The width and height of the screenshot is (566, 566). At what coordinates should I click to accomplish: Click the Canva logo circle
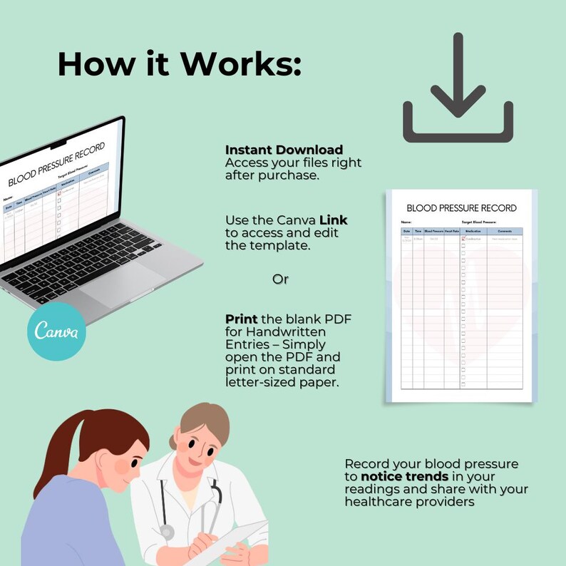57,331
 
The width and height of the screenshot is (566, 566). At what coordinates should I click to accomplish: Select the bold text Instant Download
284,150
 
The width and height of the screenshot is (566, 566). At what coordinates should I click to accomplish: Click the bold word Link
333,220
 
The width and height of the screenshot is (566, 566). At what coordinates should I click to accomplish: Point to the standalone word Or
280,279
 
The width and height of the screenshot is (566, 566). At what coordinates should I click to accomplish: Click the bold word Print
241,319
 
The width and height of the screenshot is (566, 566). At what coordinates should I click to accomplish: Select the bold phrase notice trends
405,476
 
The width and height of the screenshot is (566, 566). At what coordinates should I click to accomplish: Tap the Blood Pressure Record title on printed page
461,208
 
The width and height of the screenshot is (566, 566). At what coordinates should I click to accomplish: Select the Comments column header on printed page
505,232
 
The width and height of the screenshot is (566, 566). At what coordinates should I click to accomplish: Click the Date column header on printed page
406,232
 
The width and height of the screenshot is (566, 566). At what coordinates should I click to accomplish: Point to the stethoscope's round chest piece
167,531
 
